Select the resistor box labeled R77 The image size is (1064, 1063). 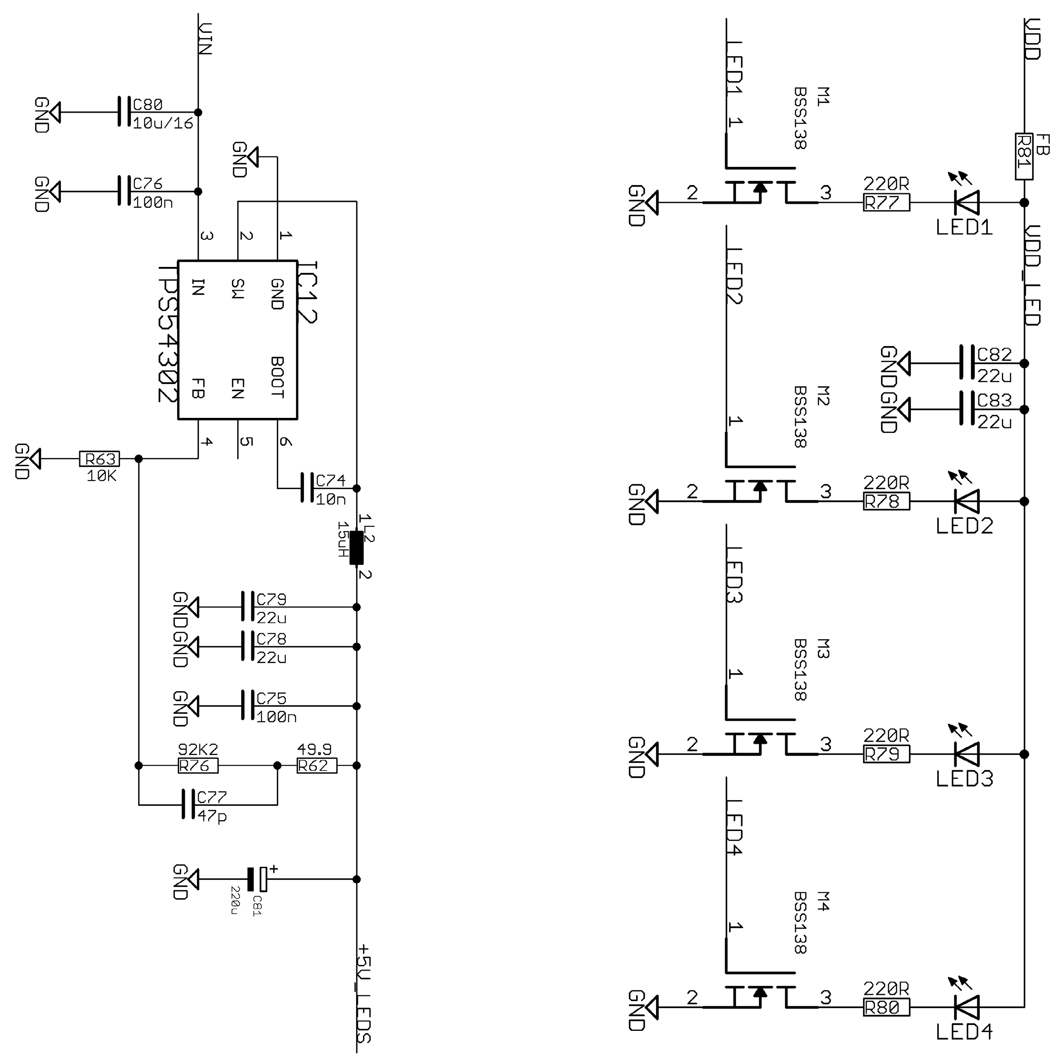[x=886, y=203]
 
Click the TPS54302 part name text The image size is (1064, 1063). [x=168, y=334]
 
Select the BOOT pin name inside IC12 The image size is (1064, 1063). [x=277, y=377]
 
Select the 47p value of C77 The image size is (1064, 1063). [x=212, y=816]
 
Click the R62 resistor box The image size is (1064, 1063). [x=317, y=766]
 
